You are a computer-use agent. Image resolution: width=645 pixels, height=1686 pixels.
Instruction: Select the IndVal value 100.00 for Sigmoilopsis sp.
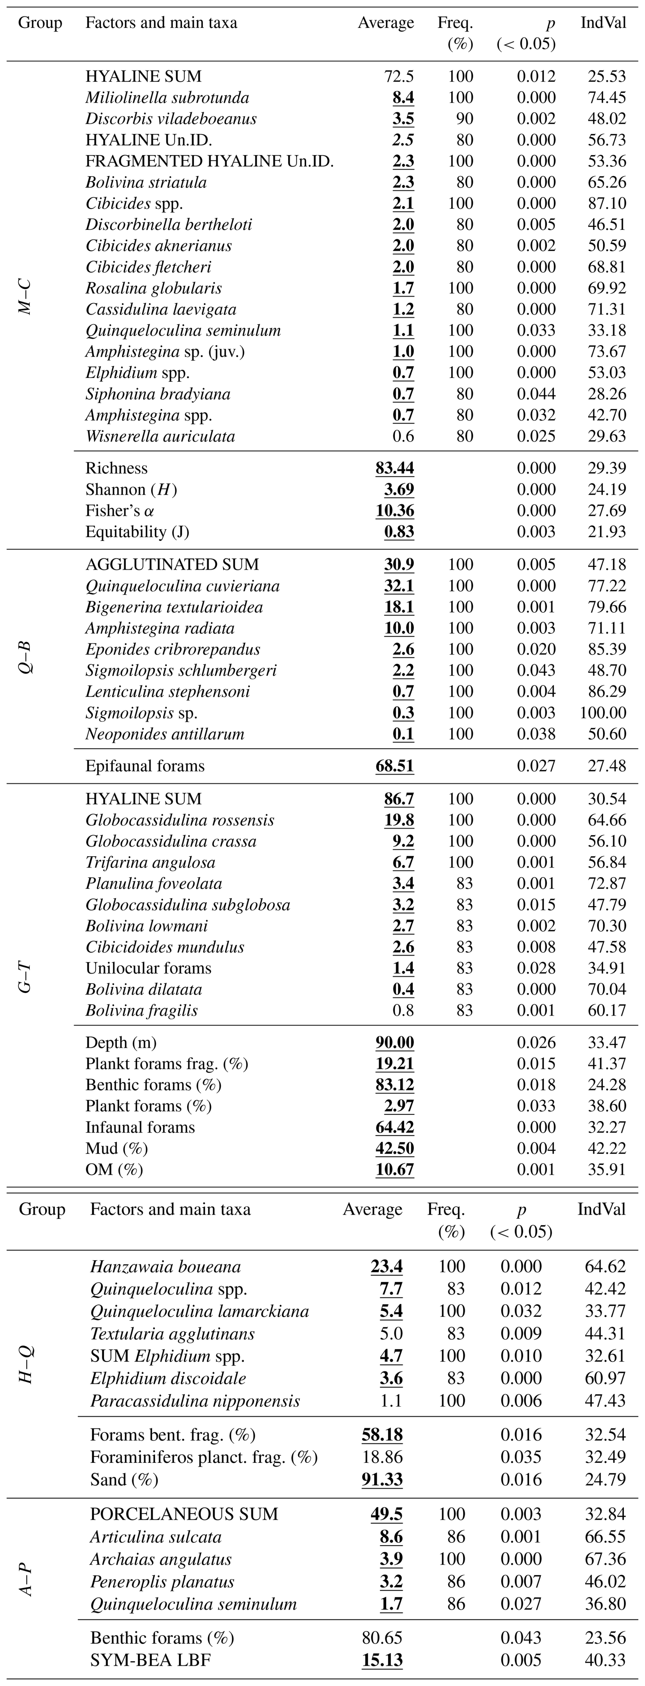(602, 713)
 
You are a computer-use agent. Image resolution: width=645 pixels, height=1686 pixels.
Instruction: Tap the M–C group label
(25, 298)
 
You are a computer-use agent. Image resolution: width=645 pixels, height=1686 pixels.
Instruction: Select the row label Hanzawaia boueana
(165, 1267)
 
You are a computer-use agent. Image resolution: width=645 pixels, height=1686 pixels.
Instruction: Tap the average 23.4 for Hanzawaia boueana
(387, 1267)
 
